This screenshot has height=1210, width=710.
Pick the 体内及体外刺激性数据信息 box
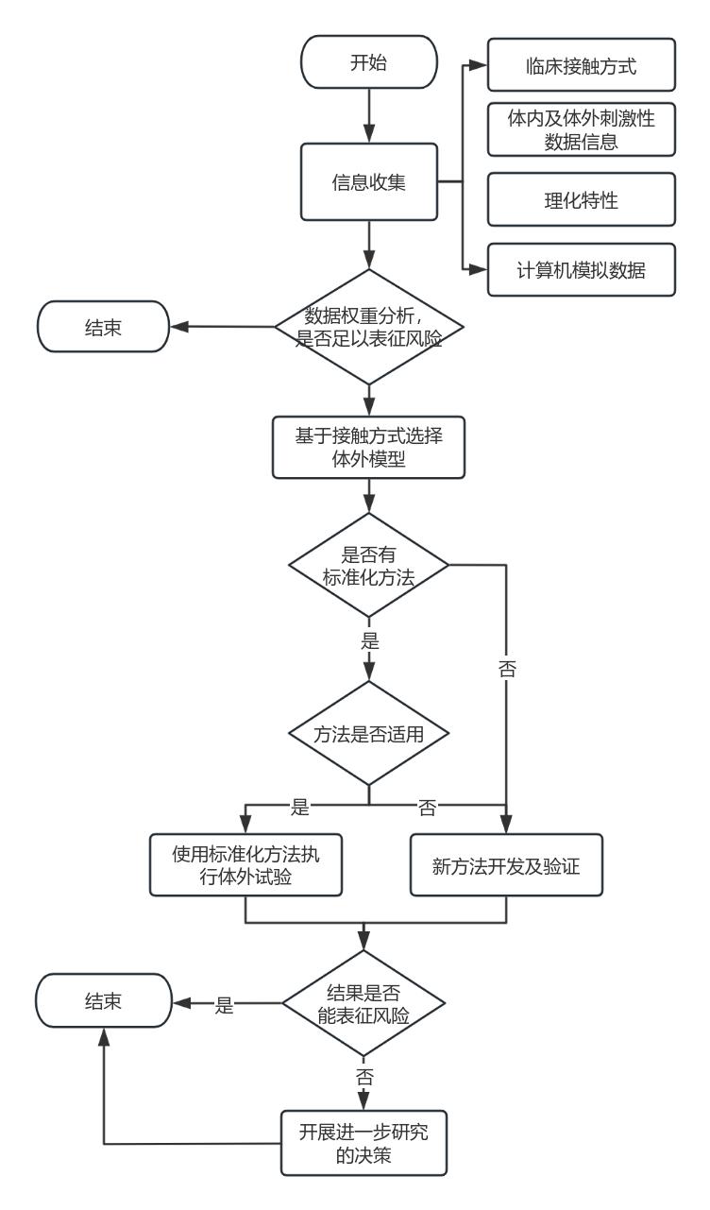pyautogui.click(x=582, y=131)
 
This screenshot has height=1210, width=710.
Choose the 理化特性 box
pyautogui.click(x=582, y=199)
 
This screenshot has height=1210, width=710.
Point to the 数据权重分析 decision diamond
pyautogui.click(x=368, y=327)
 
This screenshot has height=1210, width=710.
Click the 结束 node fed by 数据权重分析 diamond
pyautogui.click(x=102, y=327)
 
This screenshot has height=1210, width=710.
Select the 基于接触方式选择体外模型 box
pyautogui.click(x=368, y=448)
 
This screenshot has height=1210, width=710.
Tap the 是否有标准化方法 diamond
pyautogui.click(x=368, y=566)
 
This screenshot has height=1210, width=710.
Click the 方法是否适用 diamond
pyautogui.click(x=368, y=733)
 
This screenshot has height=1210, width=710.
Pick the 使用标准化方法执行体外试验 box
pyautogui.click(x=245, y=864)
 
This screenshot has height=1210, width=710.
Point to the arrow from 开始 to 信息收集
pyautogui.click(x=368, y=119)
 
